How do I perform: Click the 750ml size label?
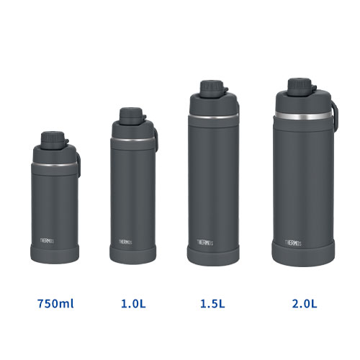55,303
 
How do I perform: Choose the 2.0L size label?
304,303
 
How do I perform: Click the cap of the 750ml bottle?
50,137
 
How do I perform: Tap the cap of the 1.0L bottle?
130,114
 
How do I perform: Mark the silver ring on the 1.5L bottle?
211,115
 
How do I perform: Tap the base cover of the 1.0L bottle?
132,253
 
